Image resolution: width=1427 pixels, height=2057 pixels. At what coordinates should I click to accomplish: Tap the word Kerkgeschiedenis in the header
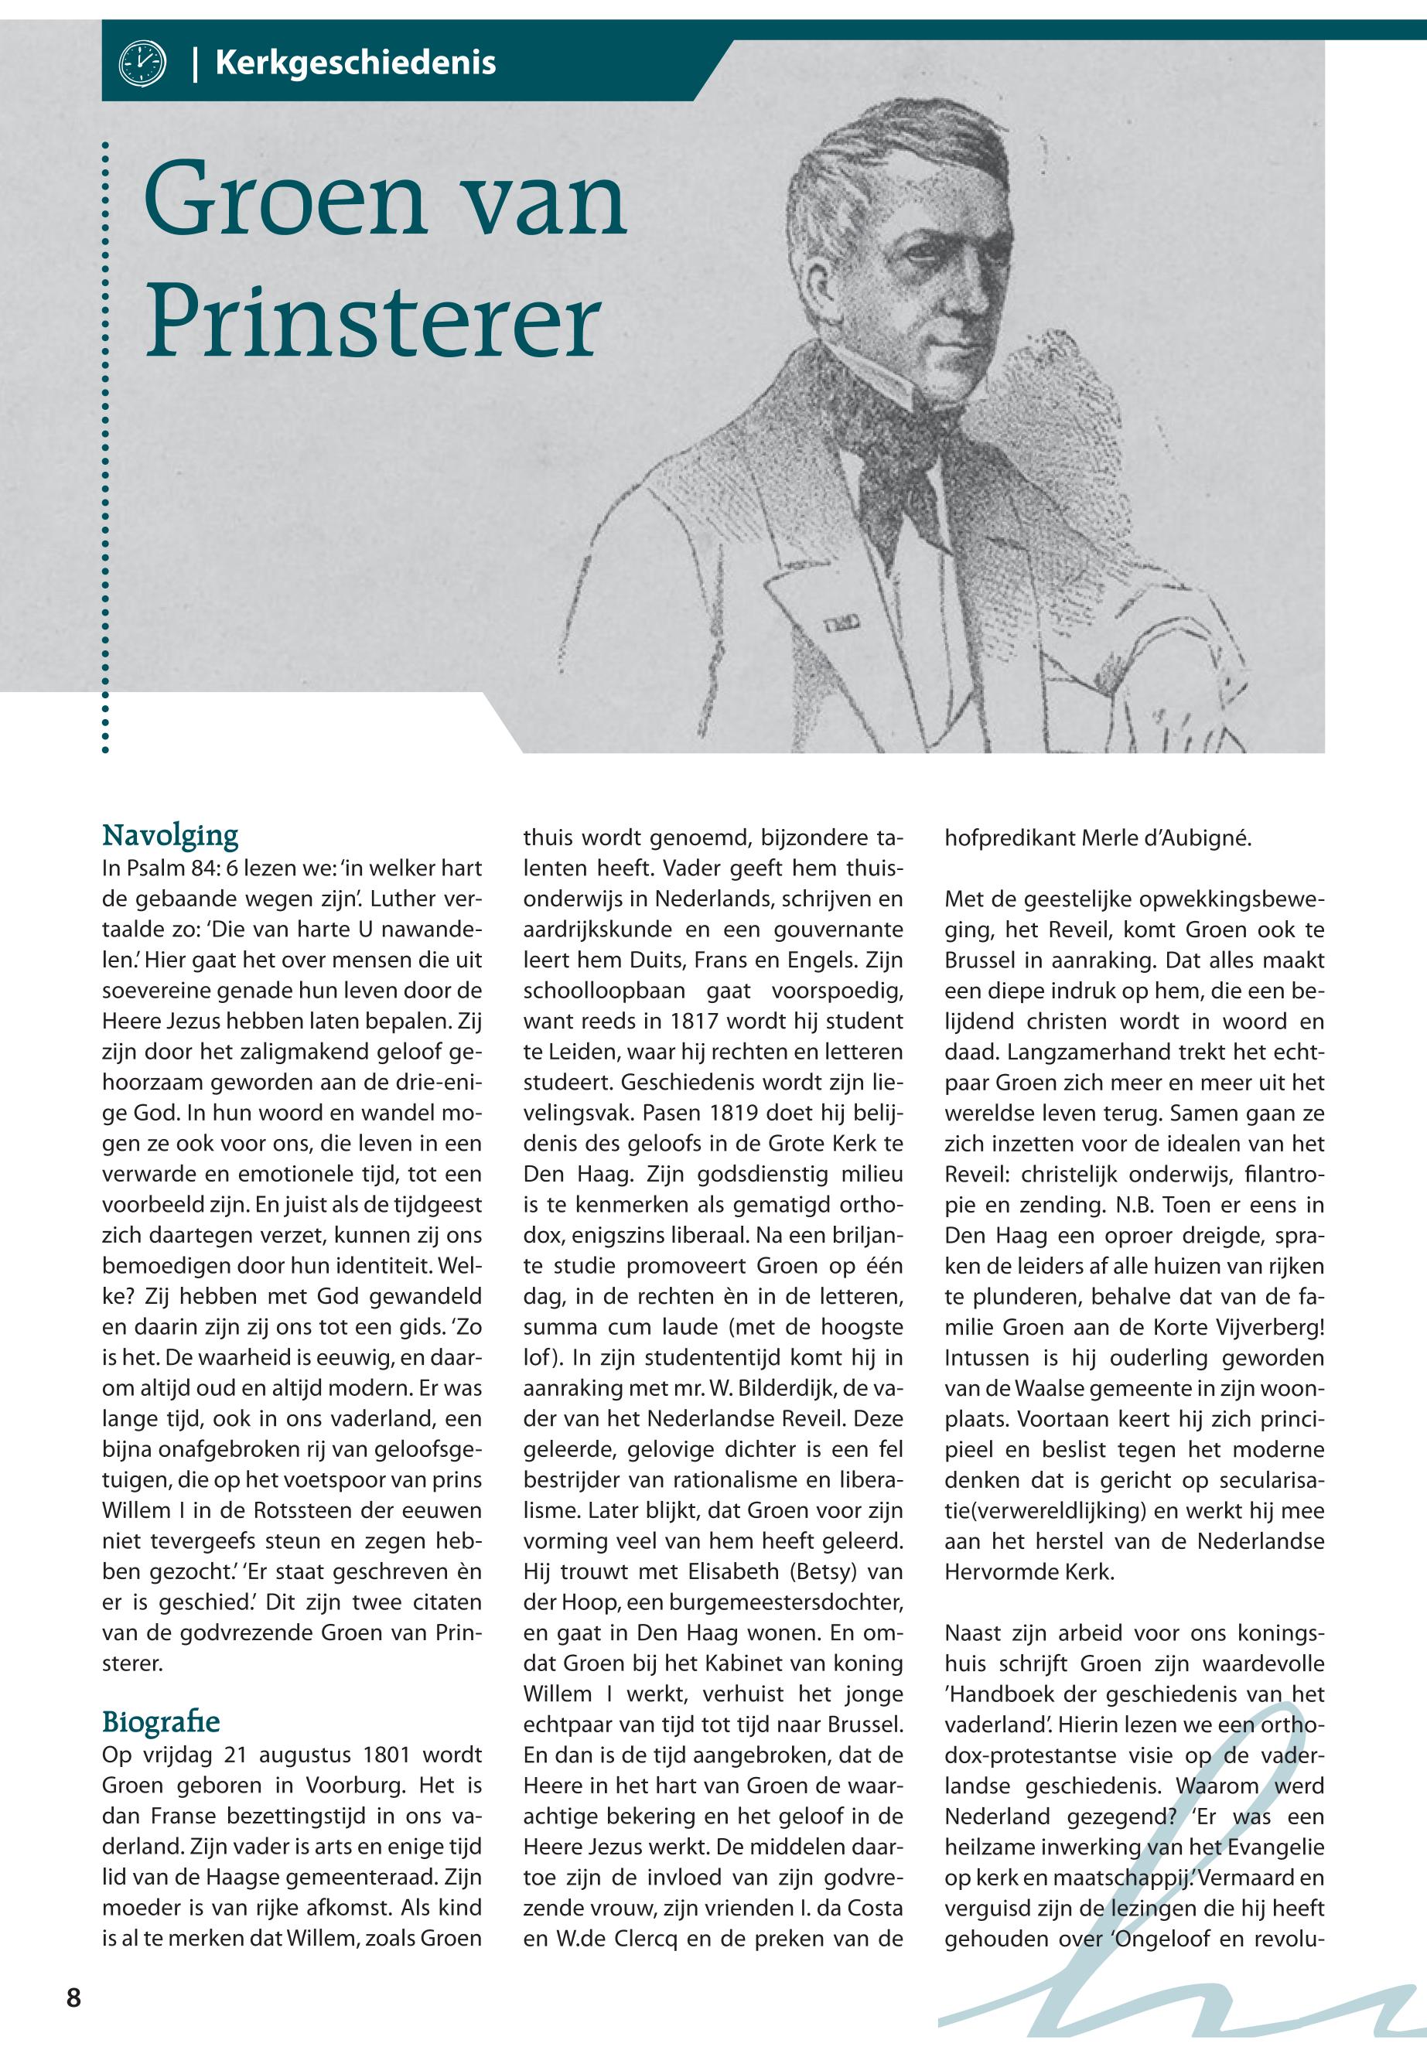(355, 63)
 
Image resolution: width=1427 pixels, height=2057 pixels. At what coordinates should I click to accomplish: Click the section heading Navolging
(170, 835)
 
